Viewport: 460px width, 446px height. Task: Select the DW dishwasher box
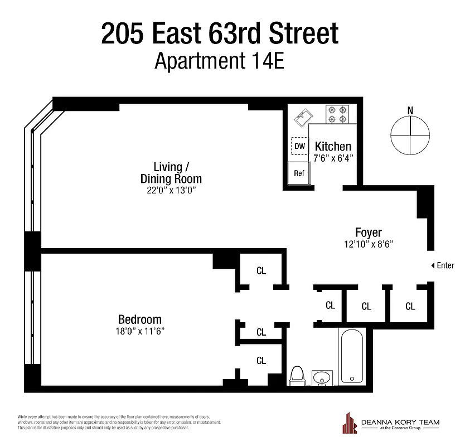click(300, 147)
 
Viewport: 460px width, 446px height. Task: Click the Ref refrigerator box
click(299, 173)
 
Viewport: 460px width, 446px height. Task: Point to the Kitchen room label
click(333, 147)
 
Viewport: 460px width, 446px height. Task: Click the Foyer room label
click(369, 232)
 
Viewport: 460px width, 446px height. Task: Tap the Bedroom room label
click(139, 319)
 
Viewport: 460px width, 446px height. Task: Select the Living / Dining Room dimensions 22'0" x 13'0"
click(171, 190)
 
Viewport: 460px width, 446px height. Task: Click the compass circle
click(410, 135)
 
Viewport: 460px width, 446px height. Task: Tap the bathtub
click(351, 357)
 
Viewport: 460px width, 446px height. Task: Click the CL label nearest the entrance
click(410, 306)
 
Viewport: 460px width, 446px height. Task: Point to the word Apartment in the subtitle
click(198, 61)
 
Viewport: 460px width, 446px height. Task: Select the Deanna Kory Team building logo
click(350, 422)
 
